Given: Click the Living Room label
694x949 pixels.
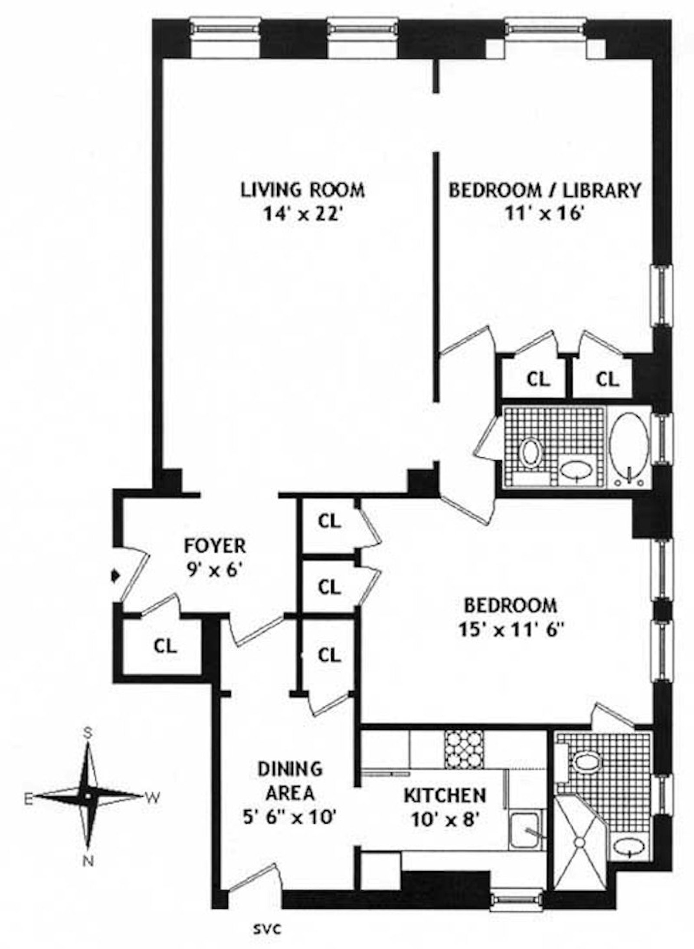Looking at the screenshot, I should coord(302,190).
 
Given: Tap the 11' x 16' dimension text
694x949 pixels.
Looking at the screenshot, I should coord(544,214).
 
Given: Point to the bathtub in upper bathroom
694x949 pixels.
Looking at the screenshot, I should coord(629,447).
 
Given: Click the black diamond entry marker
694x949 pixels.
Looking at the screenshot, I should coord(115,576).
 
